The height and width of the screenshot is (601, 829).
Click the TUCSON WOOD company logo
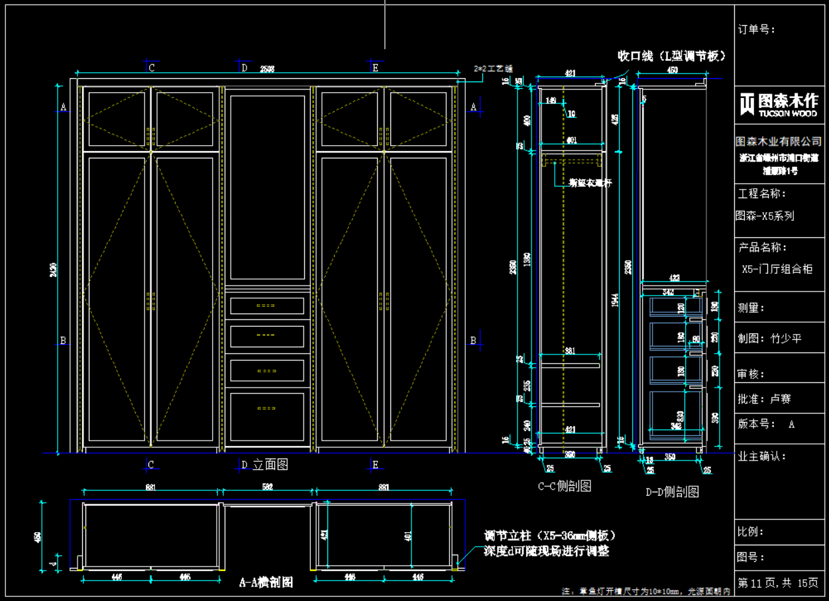click(779, 104)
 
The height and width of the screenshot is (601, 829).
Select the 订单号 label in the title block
click(757, 29)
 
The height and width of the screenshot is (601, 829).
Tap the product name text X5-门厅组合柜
click(777, 269)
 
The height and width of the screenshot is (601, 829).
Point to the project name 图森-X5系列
click(765, 216)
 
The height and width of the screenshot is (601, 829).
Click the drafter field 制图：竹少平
click(769, 339)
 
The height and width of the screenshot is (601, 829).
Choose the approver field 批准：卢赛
click(765, 400)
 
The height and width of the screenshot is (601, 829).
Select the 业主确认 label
click(762, 457)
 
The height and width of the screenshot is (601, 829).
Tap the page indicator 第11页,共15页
click(778, 584)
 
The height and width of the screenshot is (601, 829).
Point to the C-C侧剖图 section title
click(564, 486)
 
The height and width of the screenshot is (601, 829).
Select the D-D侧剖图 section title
click(672, 492)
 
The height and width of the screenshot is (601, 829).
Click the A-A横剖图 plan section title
click(266, 582)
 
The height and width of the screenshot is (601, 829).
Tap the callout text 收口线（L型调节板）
click(671, 56)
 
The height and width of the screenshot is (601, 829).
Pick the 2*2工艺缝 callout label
click(494, 68)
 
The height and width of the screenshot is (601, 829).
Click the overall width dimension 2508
click(267, 68)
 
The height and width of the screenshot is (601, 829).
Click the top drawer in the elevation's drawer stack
click(267, 305)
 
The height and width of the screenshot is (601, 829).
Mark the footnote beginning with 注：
click(645, 591)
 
